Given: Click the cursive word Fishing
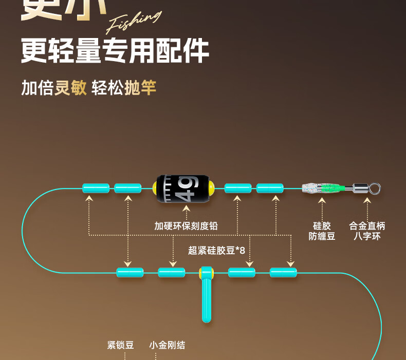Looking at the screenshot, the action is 133,22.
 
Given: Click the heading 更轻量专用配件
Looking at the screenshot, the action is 115,51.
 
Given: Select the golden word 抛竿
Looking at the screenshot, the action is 140,88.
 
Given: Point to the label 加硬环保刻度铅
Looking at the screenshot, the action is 186,225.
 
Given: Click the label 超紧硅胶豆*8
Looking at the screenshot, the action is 216,251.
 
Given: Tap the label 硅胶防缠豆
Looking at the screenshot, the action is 322,231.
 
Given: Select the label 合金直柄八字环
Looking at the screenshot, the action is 367,231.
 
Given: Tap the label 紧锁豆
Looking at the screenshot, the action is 121,345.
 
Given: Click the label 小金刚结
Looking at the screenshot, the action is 167,345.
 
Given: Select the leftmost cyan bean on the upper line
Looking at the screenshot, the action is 96,188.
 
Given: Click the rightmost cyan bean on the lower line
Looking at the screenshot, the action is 283,272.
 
